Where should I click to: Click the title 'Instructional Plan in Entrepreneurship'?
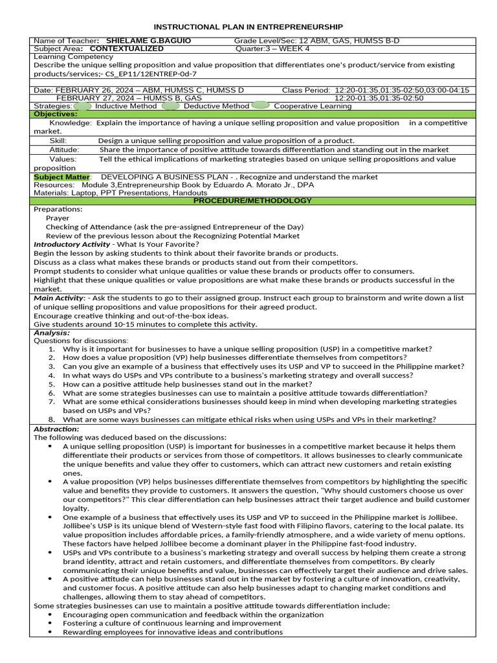248,27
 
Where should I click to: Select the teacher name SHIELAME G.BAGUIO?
148,41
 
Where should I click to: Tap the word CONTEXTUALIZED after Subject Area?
127,49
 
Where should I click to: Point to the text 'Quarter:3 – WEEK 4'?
272,49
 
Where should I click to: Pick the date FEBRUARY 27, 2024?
98,98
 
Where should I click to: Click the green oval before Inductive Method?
83,106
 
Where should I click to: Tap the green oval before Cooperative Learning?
260,106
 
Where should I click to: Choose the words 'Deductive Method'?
216,106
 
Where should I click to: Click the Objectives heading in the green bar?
56,114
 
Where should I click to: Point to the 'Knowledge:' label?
71,122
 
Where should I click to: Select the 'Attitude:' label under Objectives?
65,150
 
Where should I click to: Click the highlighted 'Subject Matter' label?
61,177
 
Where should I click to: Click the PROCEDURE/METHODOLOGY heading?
252,201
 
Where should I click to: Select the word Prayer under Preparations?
58,218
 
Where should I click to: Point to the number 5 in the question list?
52,384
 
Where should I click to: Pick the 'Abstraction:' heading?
56,429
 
